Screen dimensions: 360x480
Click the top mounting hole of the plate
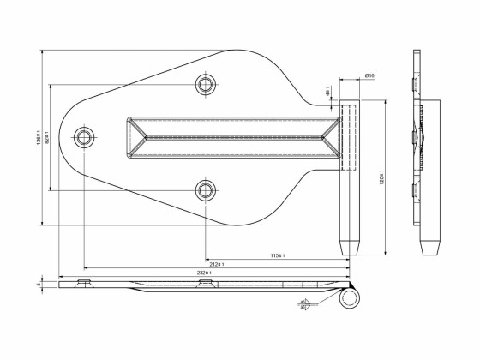205,83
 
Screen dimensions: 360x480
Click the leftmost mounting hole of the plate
84,137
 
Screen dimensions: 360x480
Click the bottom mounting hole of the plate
205,189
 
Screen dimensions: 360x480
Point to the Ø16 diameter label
369,76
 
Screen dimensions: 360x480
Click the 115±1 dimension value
277,255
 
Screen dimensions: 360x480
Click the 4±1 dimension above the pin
328,90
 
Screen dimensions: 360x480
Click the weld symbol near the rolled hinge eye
307,304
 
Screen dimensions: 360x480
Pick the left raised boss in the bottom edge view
84,283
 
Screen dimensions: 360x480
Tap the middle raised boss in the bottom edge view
205,283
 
